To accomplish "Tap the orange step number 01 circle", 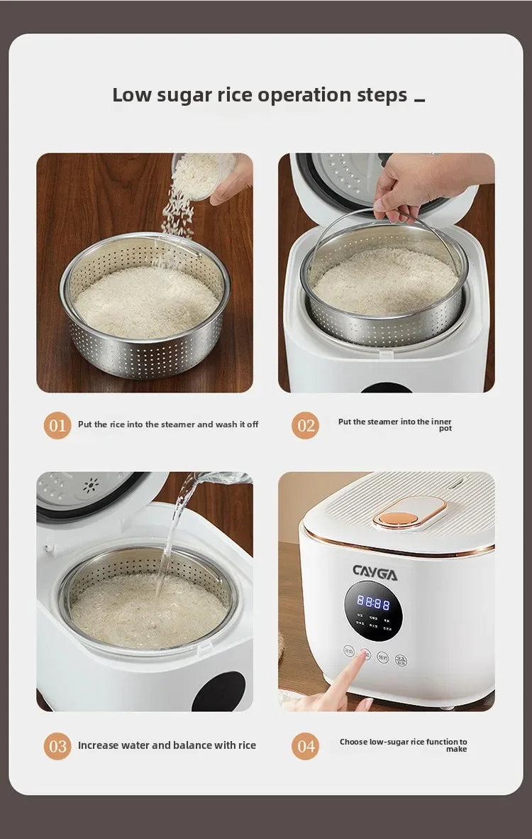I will [x=57, y=425].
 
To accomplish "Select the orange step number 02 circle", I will [x=306, y=425].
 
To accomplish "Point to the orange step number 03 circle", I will [x=57, y=746].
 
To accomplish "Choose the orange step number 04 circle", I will [x=306, y=746].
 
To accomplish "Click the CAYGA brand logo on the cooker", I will [x=375, y=571].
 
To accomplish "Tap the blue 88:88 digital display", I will [x=373, y=603].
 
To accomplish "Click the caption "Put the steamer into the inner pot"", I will [x=394, y=424].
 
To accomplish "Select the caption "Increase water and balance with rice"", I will [x=167, y=745].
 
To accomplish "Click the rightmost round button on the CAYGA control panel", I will [x=401, y=659].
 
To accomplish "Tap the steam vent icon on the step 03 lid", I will [x=90, y=486].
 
